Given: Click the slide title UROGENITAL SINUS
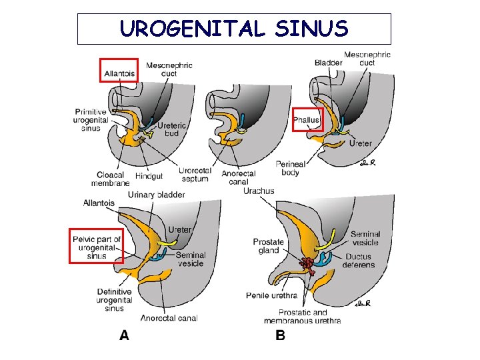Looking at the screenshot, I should pyautogui.click(x=234, y=29).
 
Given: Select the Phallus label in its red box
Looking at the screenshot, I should pyautogui.click(x=307, y=120).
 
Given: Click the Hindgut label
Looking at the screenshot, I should pyautogui.click(x=149, y=176).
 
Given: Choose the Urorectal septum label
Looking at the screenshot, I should pyautogui.click(x=194, y=175).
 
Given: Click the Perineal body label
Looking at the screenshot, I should pyautogui.click(x=291, y=169).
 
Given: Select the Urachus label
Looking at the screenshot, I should pyautogui.click(x=259, y=191).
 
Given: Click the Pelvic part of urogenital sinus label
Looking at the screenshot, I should pyautogui.click(x=97, y=247).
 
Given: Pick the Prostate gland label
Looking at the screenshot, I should pyautogui.click(x=269, y=246).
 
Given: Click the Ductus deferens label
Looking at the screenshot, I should pyautogui.click(x=360, y=261).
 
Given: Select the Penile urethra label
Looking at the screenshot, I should pyautogui.click(x=271, y=295).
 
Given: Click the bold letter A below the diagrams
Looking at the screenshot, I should pyautogui.click(x=124, y=335).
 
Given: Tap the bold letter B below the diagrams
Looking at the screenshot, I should pyautogui.click(x=280, y=335).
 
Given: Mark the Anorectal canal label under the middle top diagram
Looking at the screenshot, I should pyautogui.click(x=237, y=178).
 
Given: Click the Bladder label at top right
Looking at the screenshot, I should pyautogui.click(x=328, y=63).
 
